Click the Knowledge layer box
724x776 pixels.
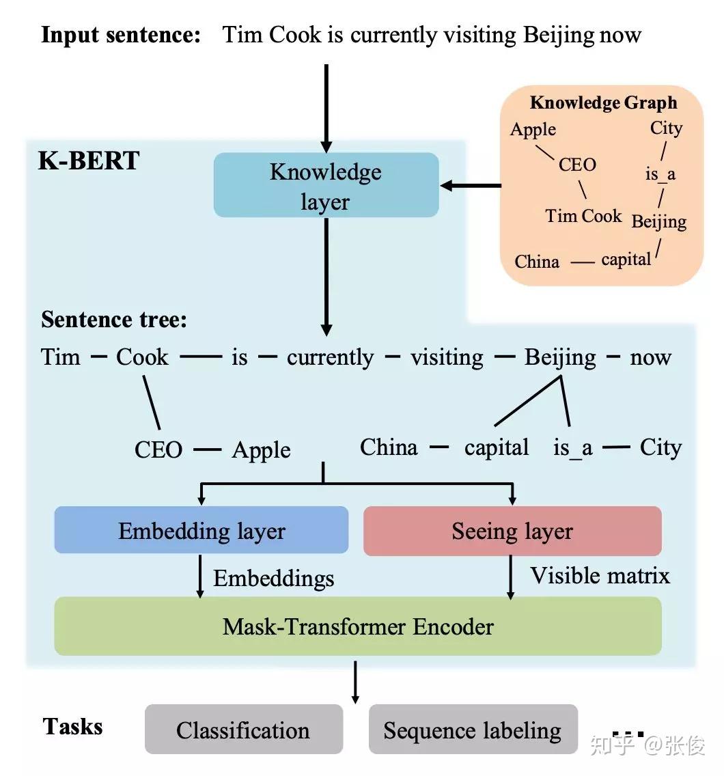[326, 185]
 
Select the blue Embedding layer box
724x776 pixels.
[201, 531]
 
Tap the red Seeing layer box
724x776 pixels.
[512, 531]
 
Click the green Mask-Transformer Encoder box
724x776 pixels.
[358, 626]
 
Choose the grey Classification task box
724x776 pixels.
[243, 730]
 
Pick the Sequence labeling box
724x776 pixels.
[473, 730]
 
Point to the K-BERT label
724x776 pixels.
[89, 161]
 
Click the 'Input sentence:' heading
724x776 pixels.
[121, 35]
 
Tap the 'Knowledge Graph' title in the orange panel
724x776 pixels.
[603, 102]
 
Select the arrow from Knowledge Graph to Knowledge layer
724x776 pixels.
[471, 185]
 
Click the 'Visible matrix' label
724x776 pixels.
[600, 575]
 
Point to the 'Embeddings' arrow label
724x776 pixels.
[273, 579]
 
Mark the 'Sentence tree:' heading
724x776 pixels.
[114, 319]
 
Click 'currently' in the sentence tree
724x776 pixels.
[330, 357]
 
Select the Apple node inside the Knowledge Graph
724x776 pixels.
[533, 129]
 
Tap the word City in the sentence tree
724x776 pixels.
[660, 447]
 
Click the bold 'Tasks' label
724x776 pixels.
[72, 726]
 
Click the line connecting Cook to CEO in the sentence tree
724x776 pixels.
[151, 402]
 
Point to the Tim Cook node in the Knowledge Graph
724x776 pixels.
[583, 216]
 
